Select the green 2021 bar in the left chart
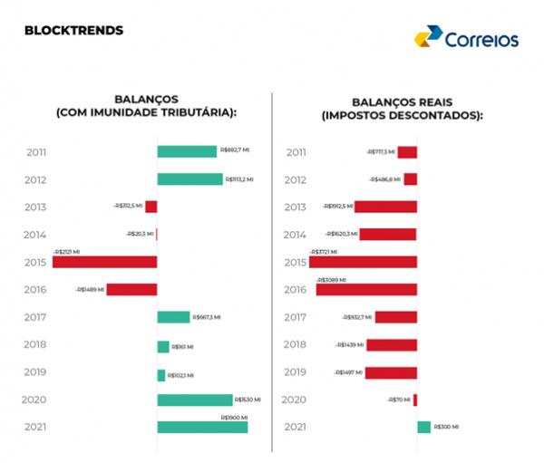pyautogui.click(x=202, y=427)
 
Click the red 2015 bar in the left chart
pyautogui.click(x=104, y=262)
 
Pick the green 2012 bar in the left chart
pyautogui.click(x=189, y=179)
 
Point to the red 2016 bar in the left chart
pyautogui.click(x=131, y=290)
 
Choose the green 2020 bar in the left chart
pyautogui.click(x=195, y=400)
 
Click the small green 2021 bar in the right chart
pyautogui.click(x=424, y=427)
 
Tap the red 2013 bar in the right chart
pyautogui.click(x=385, y=207)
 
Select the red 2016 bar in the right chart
pyautogui.click(x=366, y=290)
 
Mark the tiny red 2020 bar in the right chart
pyautogui.click(x=415, y=400)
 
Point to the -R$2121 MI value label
pyautogui.click(x=66, y=252)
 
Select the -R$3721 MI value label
pyautogui.click(x=325, y=252)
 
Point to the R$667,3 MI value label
pyautogui.click(x=207, y=317)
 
